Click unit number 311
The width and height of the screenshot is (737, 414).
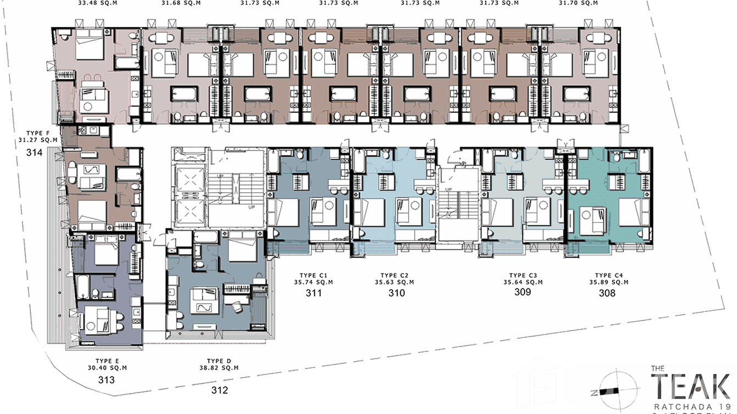coord(314,293)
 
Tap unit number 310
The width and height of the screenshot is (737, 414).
coord(397,293)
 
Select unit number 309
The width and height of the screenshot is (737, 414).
coord(522,292)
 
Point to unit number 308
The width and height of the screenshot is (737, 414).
coord(607,293)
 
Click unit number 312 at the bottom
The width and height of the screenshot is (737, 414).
coord(218,391)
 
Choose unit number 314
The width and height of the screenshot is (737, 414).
coord(35,153)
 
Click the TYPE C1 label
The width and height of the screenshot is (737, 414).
coord(314,276)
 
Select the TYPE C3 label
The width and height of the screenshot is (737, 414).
coord(526,276)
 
